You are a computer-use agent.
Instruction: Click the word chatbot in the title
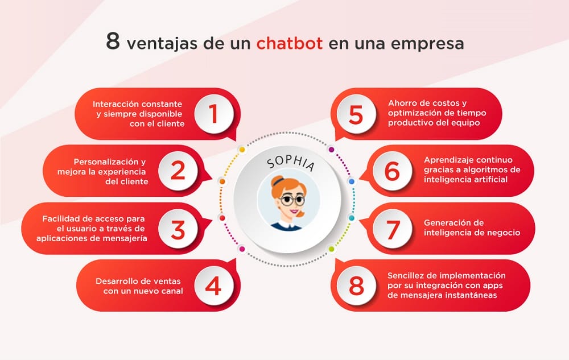[x=289, y=43]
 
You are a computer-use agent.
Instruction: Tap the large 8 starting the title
[x=113, y=42]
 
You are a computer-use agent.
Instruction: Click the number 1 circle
[x=213, y=114]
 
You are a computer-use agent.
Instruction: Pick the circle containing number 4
[x=213, y=286]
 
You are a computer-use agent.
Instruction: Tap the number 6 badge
[x=392, y=171]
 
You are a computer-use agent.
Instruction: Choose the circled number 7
[x=393, y=229]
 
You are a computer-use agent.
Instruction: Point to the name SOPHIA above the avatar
[x=290, y=164]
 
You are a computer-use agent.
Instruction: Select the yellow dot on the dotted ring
[x=242, y=150]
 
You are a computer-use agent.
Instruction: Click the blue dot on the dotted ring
[x=351, y=181]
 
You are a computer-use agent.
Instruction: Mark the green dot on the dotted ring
[x=332, y=249]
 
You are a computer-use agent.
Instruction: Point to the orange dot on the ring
[x=222, y=181]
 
